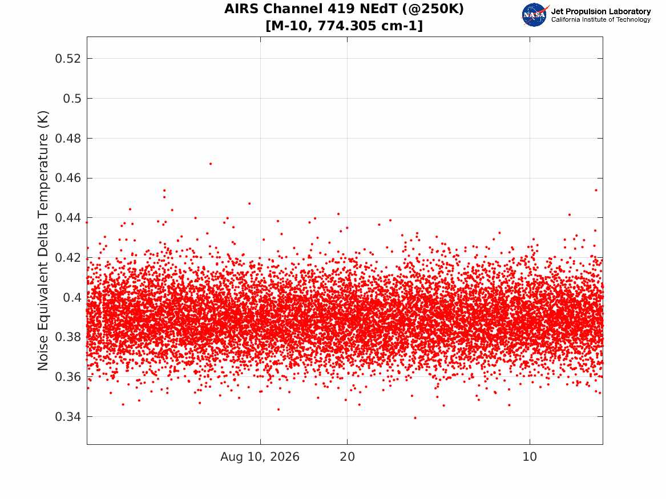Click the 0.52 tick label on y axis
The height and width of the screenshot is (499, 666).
pos(68,59)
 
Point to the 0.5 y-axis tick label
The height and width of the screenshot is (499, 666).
pos(72,99)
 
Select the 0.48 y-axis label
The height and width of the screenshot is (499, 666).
pos(68,139)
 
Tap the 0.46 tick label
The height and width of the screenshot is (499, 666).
pos(68,178)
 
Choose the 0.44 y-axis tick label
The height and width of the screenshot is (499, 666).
pos(68,218)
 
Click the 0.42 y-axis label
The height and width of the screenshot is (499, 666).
pos(68,258)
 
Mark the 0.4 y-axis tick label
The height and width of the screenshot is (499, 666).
pos(72,298)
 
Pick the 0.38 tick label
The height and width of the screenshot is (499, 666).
pos(68,337)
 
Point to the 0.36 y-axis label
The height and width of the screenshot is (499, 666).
pos(68,377)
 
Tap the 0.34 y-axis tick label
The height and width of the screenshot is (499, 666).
pos(68,417)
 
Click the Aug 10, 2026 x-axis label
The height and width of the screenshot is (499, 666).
pos(260,457)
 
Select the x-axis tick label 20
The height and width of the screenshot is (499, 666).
pos(347,457)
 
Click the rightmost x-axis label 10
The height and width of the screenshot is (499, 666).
pos(530,457)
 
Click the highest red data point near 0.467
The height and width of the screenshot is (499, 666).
pos(210,164)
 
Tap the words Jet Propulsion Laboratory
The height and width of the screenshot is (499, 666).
pos(601,11)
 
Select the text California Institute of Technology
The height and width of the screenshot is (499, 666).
pos(601,19)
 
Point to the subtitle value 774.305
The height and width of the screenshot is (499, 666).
pos(347,26)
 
